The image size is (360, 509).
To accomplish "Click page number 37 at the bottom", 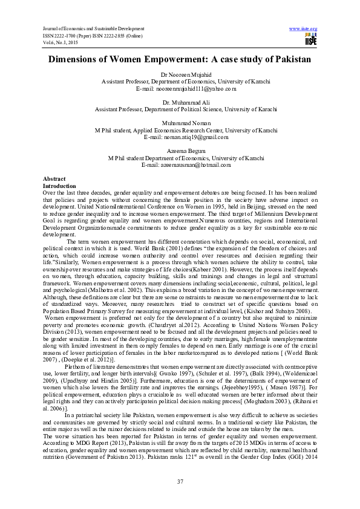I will click(180, 481).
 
